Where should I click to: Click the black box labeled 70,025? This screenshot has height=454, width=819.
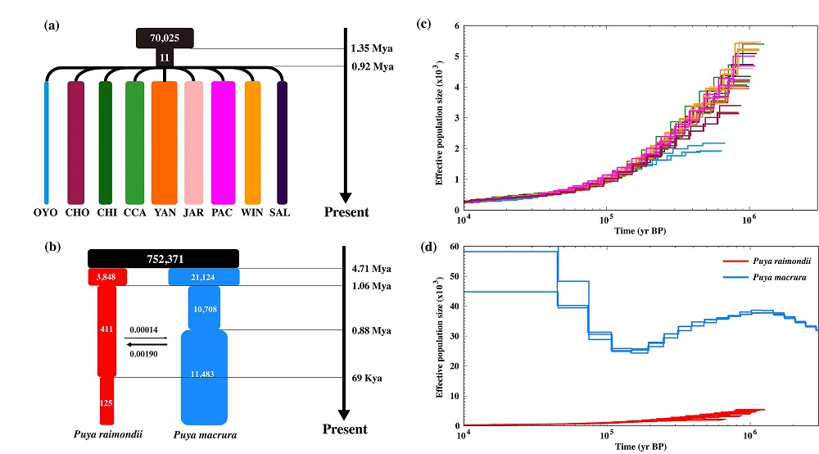click(x=165, y=37)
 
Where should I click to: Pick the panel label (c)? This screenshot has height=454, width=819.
click(x=424, y=25)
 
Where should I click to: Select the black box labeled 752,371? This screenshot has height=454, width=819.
click(x=164, y=258)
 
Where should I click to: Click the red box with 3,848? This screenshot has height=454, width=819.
click(x=107, y=278)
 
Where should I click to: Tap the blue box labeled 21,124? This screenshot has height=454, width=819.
click(x=204, y=278)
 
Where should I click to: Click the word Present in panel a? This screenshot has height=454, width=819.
click(x=345, y=212)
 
